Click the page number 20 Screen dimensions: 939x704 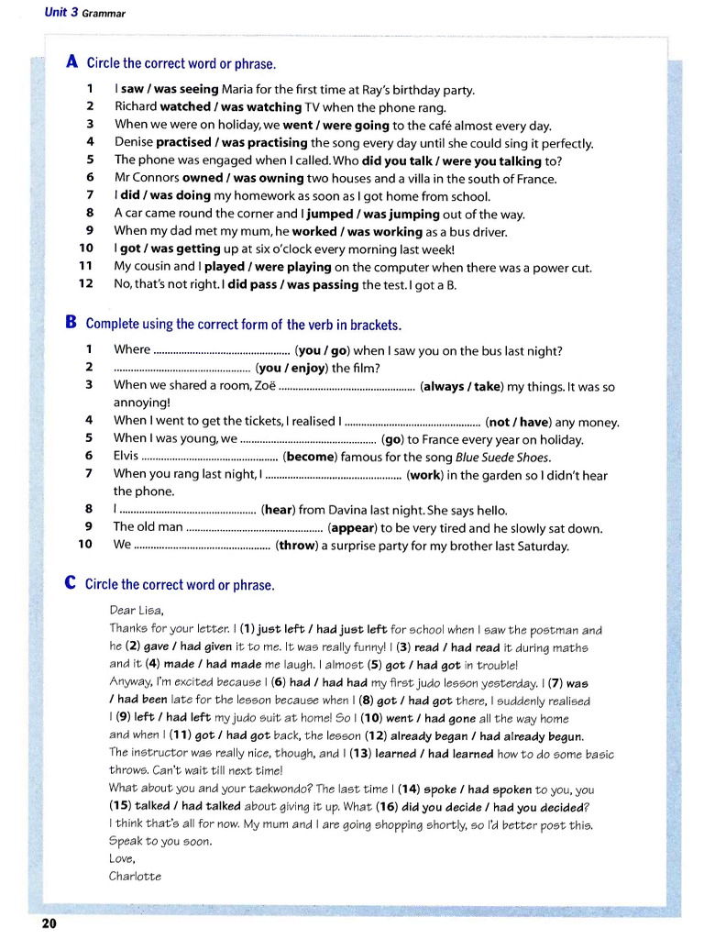click(x=49, y=923)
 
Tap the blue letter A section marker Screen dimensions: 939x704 click(x=72, y=62)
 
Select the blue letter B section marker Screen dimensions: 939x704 click(x=71, y=323)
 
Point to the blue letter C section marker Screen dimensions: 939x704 click(x=71, y=583)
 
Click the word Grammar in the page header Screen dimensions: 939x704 click(x=104, y=14)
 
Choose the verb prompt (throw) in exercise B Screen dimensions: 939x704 click(x=296, y=546)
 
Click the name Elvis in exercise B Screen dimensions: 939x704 click(x=126, y=457)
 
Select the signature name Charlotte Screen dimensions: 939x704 click(x=135, y=876)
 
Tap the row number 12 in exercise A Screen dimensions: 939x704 click(x=86, y=285)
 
